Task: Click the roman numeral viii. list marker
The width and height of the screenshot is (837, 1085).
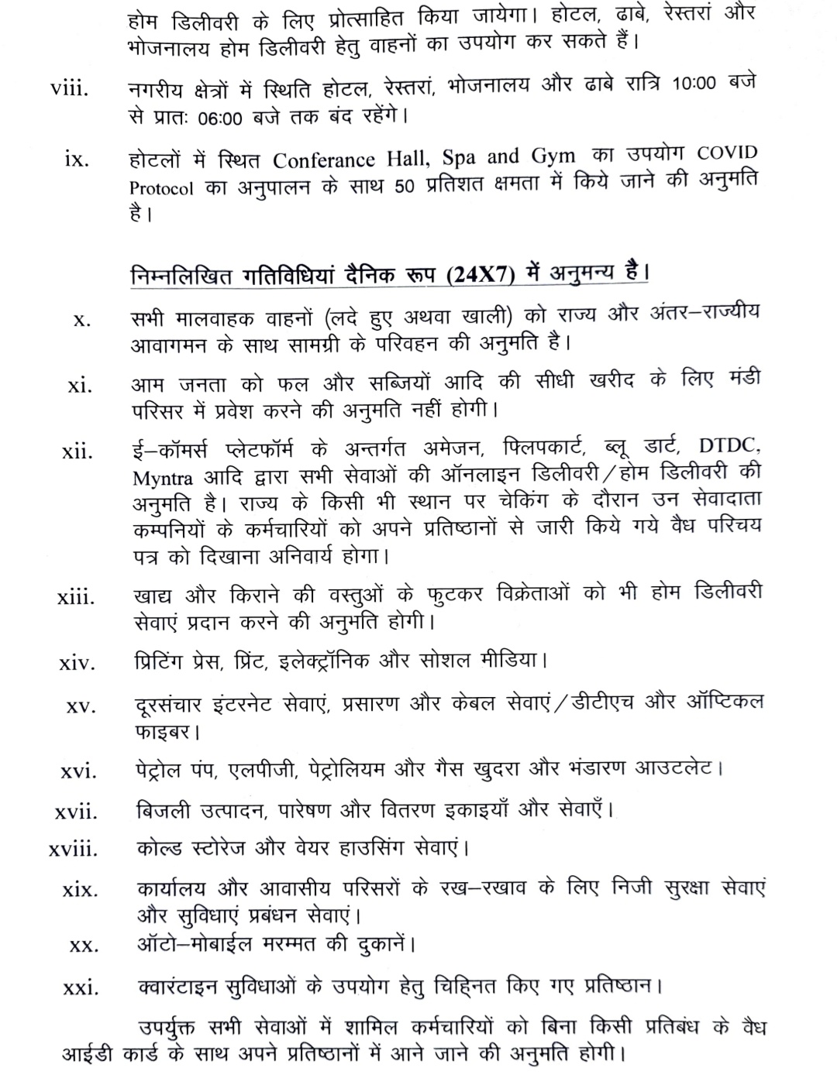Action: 70,89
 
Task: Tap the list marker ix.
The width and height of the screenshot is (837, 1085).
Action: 77,160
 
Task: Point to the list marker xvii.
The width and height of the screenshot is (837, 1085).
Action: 76,812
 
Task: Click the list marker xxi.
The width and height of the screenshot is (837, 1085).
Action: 81,987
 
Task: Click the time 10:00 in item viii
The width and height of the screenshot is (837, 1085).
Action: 694,84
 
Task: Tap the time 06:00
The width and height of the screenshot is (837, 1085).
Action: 221,118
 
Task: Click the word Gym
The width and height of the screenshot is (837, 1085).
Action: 553,156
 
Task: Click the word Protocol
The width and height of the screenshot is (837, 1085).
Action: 161,189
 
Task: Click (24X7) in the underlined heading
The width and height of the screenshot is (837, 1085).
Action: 479,276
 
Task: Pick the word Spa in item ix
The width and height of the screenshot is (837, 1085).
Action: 459,158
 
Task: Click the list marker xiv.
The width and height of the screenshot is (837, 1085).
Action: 77,663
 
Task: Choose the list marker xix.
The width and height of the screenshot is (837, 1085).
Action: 80,890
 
